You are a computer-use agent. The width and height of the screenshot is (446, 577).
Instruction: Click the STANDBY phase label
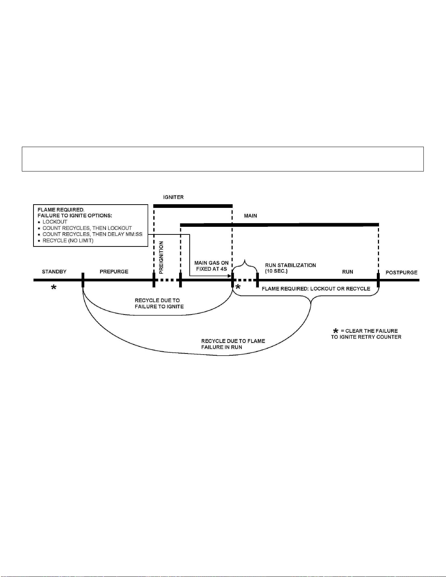coord(54,272)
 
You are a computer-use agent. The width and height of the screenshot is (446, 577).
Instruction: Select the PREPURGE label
coord(114,272)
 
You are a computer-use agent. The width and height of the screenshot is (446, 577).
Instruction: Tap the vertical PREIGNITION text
coord(161,257)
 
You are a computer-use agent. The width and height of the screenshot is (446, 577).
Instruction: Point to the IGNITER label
coord(173,197)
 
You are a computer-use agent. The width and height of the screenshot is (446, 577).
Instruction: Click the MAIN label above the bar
coord(250,216)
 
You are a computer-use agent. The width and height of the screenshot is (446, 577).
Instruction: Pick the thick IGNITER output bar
coord(193,206)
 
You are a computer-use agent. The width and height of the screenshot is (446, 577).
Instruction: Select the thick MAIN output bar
coord(279,225)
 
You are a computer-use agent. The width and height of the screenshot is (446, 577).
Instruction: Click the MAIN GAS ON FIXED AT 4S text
coord(212,266)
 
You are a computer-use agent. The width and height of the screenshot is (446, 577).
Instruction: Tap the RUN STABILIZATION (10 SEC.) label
coord(290,268)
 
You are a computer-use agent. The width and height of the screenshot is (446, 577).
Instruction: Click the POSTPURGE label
coord(401,272)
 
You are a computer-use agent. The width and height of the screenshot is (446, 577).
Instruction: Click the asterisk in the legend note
coord(336,331)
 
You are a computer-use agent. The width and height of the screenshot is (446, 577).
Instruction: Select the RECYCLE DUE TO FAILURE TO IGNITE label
coord(159,304)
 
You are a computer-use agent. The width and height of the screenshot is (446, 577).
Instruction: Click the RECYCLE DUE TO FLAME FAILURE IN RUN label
coord(233,344)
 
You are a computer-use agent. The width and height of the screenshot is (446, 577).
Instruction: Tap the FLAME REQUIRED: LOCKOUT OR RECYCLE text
coord(316,289)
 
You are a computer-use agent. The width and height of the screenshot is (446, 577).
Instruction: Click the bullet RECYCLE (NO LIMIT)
coord(68,241)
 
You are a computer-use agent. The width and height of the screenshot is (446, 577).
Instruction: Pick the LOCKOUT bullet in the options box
coord(55,222)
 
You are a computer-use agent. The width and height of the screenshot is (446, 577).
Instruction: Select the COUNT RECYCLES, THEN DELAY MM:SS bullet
coord(92,234)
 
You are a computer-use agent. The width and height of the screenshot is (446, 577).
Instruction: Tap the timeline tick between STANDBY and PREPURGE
coord(83,280)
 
